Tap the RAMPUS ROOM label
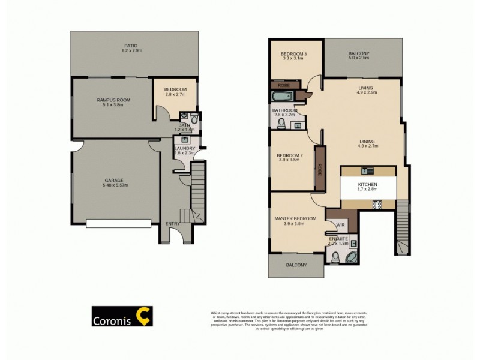coord(114,100)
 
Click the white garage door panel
coord(118,223)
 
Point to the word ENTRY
coord(172,224)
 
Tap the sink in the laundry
coord(185,139)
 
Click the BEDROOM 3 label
coord(294,55)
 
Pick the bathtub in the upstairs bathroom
coord(283,97)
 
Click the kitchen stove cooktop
coord(378,204)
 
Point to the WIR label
coord(340,225)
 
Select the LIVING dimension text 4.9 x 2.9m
coord(367,93)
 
